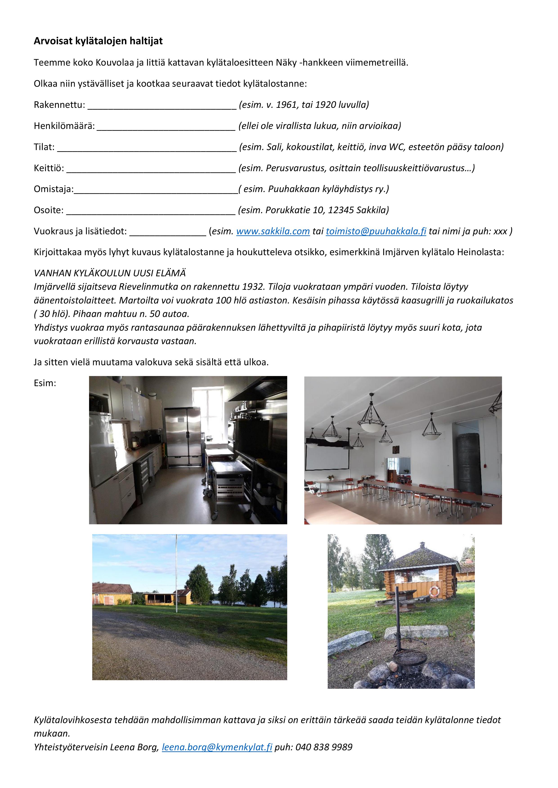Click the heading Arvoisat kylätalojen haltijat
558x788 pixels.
point(98,41)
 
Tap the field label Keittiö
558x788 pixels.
point(49,168)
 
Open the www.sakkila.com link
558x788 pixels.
point(273,231)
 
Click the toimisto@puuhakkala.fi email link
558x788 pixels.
point(376,231)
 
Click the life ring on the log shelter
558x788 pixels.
point(435,591)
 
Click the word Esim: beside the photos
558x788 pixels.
point(45,383)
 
